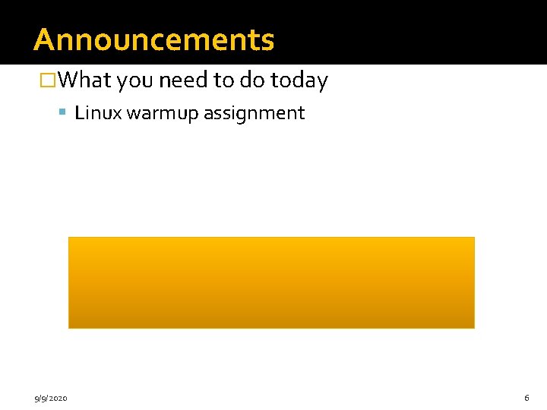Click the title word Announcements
tap(153, 39)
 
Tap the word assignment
tap(255, 114)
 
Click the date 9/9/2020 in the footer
tap(51, 398)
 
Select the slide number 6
tap(526, 398)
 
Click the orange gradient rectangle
tap(271, 282)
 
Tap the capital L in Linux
tap(79, 114)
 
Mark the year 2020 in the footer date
tap(58, 398)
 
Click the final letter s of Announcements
tap(267, 41)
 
